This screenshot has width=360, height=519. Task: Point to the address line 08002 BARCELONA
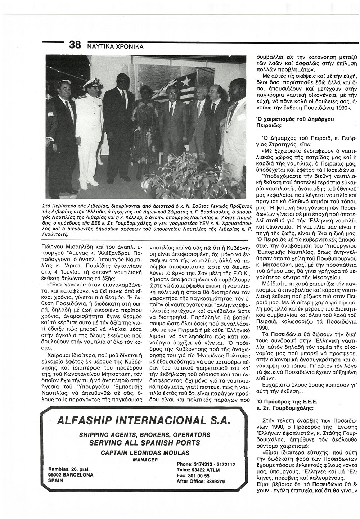click(x=71, y=485)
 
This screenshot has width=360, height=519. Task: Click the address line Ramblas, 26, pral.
click(x=68, y=479)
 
